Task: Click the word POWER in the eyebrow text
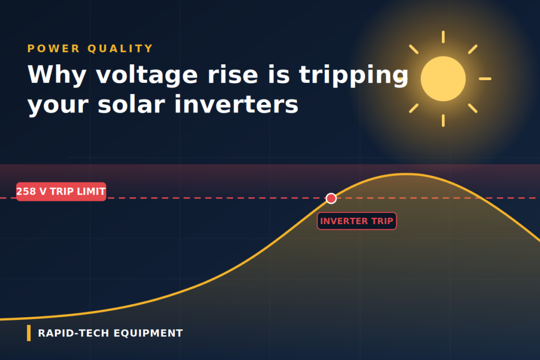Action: (54, 48)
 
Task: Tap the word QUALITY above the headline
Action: (120, 48)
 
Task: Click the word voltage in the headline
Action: (147, 75)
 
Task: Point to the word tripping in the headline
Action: (354, 75)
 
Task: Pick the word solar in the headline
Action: (131, 105)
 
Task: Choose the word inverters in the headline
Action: (236, 105)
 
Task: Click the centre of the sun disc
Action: (443, 79)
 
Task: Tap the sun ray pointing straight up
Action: (443, 37)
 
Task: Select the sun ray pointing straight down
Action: (443, 121)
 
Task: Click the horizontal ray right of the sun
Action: (485, 79)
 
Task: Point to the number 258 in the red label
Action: (26, 191)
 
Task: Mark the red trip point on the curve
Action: (331, 198)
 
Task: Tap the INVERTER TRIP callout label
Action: (357, 221)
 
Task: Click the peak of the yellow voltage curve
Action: (407, 174)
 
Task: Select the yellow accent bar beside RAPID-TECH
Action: (29, 333)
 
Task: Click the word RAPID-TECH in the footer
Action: (73, 333)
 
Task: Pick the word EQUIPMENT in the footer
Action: (148, 333)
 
